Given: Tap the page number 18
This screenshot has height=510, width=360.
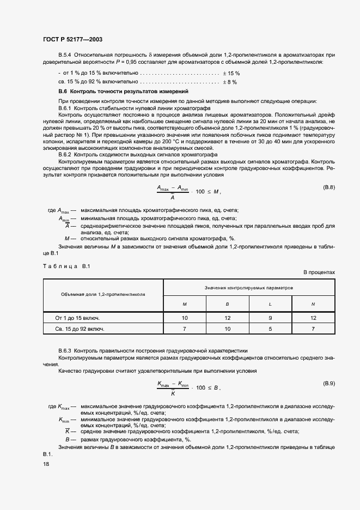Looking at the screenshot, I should pos(46,464).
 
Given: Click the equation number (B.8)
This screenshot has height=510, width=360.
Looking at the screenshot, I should pos(329,187).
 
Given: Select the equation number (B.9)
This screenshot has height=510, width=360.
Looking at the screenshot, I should pos(329,384).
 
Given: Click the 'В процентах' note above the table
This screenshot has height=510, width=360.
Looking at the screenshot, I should pos(319,272).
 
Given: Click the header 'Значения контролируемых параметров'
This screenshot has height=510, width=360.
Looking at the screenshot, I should pos(249,287).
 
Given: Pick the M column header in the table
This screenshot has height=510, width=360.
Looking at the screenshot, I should pos(184,303).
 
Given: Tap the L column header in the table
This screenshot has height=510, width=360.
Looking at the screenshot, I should pos(270,303).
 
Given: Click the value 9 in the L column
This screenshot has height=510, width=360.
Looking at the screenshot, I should pos(270,317).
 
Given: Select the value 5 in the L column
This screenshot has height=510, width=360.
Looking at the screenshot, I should pos(270,329).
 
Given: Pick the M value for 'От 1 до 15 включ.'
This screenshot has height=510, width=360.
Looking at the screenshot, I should pos(184,317).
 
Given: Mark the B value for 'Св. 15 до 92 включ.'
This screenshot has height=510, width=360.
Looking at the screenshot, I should pos(227,329).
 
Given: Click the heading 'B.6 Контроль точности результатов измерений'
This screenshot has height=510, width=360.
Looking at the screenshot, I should pos(123,92).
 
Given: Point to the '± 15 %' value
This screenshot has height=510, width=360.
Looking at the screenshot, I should pos(231,73).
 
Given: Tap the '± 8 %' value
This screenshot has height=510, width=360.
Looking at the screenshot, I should pos(229,82).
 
